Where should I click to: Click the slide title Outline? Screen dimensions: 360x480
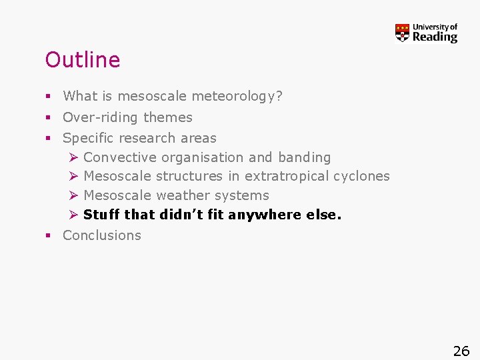pyautogui.click(x=82, y=60)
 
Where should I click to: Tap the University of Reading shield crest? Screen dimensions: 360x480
pyautogui.click(x=402, y=33)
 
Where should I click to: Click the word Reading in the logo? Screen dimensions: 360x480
pyautogui.click(x=435, y=37)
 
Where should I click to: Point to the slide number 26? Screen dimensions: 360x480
pyautogui.click(x=461, y=351)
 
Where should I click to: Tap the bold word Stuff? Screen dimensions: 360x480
pyautogui.click(x=101, y=215)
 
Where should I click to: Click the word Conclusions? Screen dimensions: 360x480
pyautogui.click(x=102, y=235)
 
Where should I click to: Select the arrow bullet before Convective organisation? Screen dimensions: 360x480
pyautogui.click(x=73, y=157)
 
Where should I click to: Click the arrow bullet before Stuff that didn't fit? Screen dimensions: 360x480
pyautogui.click(x=73, y=215)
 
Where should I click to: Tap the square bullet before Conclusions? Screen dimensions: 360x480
pyautogui.click(x=49, y=235)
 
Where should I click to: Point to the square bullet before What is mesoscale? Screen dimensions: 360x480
pyautogui.click(x=49, y=97)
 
